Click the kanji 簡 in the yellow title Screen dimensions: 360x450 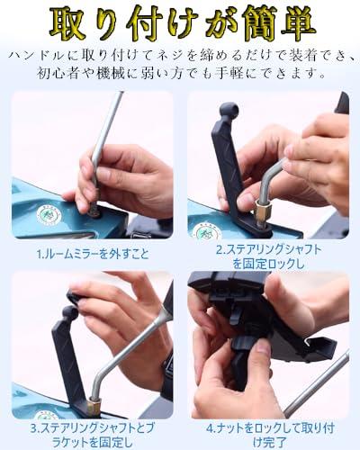pyautogui.click(x=259, y=24)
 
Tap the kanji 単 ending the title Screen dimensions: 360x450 pyautogui.click(x=296, y=23)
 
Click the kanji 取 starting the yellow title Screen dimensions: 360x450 pyautogui.click(x=67, y=23)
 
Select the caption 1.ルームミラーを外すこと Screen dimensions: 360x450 pyautogui.click(x=93, y=254)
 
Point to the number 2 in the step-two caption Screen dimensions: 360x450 pyautogui.click(x=220, y=250)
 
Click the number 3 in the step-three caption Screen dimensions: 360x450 pyautogui.click(x=34, y=428)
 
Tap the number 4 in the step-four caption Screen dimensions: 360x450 pyautogui.click(x=210, y=428)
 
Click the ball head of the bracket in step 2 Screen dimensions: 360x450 pyautogui.click(x=229, y=109)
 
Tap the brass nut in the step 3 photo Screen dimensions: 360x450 pyautogui.click(x=94, y=406)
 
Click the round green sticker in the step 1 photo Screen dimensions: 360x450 pyautogui.click(x=49, y=215)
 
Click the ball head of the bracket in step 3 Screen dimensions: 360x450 pyautogui.click(x=71, y=313)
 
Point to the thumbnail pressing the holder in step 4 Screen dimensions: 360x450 pyautogui.click(x=264, y=347)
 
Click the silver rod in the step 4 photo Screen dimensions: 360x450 pyautogui.click(x=317, y=384)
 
